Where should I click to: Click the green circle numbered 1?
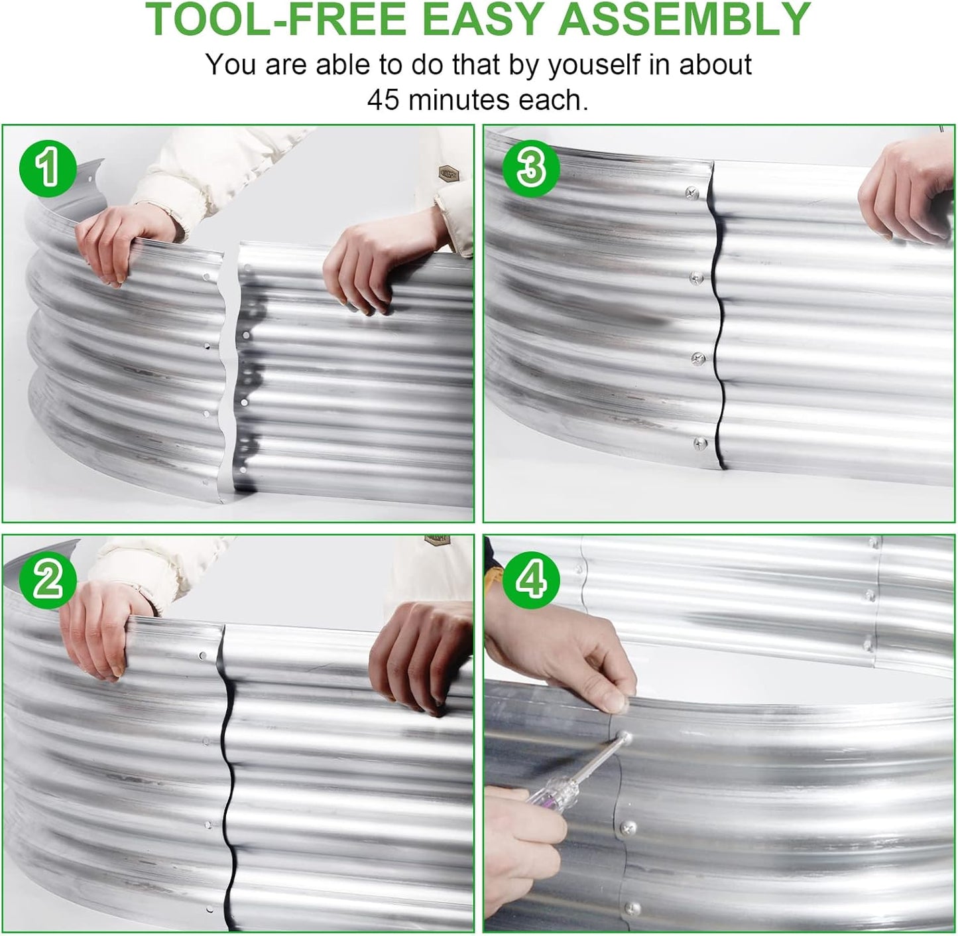(48, 169)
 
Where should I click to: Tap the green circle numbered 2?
(48, 580)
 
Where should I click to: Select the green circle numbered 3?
(530, 169)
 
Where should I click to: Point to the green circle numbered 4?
(530, 580)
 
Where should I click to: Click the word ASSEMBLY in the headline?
(685, 19)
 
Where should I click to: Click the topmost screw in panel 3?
(692, 193)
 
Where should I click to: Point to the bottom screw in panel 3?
(699, 444)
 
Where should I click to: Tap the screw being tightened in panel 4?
(625, 739)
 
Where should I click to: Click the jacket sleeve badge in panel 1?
(448, 173)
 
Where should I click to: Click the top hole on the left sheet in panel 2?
(203, 655)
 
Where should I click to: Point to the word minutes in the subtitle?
(460, 100)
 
